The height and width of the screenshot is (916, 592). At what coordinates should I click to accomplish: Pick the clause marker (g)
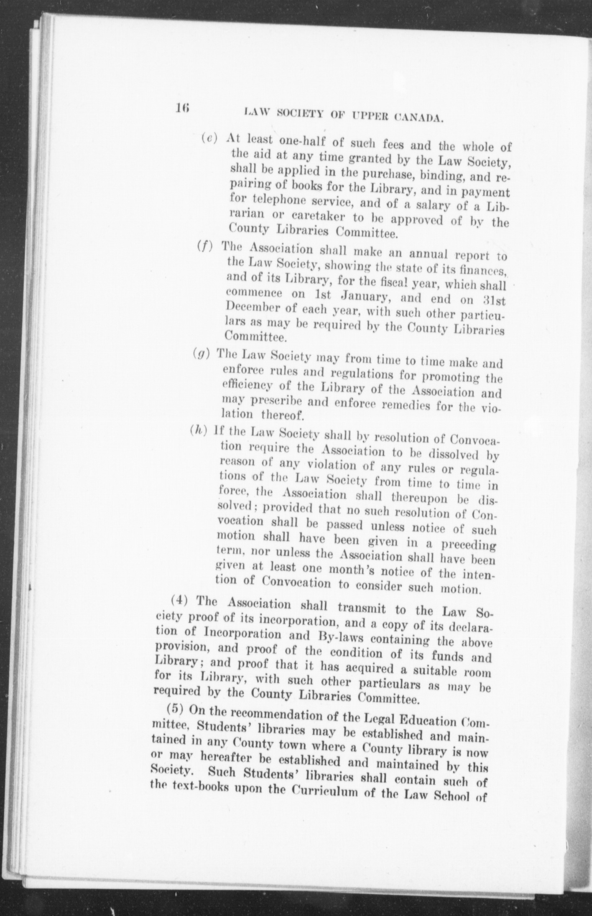point(201,353)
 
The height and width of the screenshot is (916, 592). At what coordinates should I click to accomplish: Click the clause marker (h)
point(199,430)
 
